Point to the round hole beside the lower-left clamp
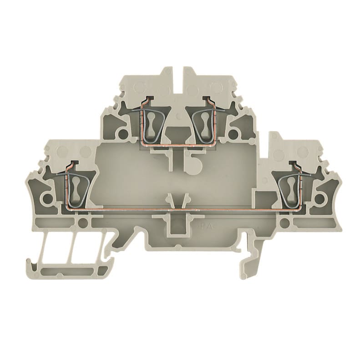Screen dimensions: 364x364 tap(46, 199)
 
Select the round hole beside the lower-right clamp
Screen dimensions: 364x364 tap(319, 199)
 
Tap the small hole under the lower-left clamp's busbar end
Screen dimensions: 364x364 tap(83, 223)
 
